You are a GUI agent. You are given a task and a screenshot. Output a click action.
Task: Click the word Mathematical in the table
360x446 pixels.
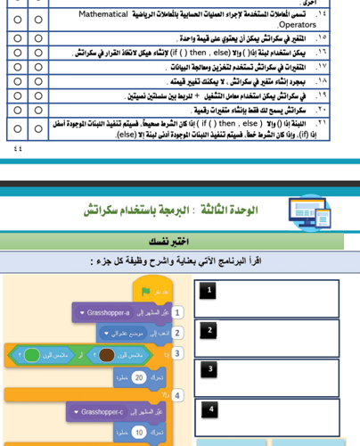point(103,14)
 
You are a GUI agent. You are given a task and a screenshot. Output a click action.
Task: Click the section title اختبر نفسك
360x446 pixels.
point(172,242)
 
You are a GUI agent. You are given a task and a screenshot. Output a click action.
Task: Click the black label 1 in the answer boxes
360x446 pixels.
point(209,290)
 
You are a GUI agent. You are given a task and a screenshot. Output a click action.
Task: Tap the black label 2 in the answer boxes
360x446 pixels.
point(209,330)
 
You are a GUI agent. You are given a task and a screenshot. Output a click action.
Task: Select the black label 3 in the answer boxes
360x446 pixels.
point(209,369)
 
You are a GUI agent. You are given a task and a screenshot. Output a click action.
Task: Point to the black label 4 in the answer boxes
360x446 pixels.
point(209,409)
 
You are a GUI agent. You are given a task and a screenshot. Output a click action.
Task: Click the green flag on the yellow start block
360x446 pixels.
point(145,291)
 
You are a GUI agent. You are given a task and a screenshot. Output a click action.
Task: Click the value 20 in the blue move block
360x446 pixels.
point(138,377)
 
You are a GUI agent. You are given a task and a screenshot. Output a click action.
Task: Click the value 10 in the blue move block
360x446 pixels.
point(138,433)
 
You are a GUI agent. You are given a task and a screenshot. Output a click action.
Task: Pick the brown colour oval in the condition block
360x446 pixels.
point(107,355)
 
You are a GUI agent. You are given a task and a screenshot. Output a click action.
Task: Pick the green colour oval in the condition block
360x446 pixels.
point(32,355)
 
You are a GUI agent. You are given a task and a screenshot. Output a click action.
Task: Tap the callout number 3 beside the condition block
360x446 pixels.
point(177,353)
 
